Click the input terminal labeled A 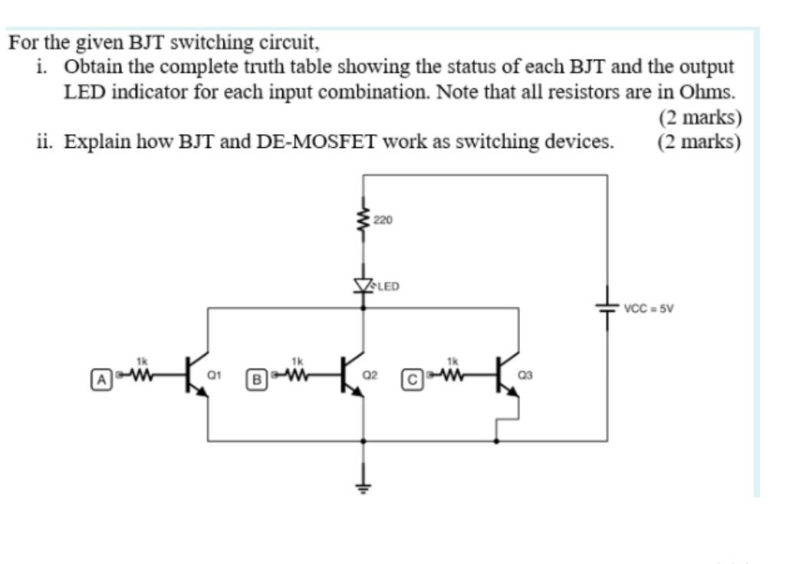[99, 377]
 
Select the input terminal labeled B [260, 377]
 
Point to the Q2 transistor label [370, 376]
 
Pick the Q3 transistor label [524, 376]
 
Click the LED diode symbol [362, 286]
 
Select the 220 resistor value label [383, 221]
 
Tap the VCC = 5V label [648, 310]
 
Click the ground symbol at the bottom [363, 483]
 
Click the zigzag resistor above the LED [362, 221]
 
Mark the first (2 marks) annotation [699, 117]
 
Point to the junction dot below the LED [363, 308]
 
